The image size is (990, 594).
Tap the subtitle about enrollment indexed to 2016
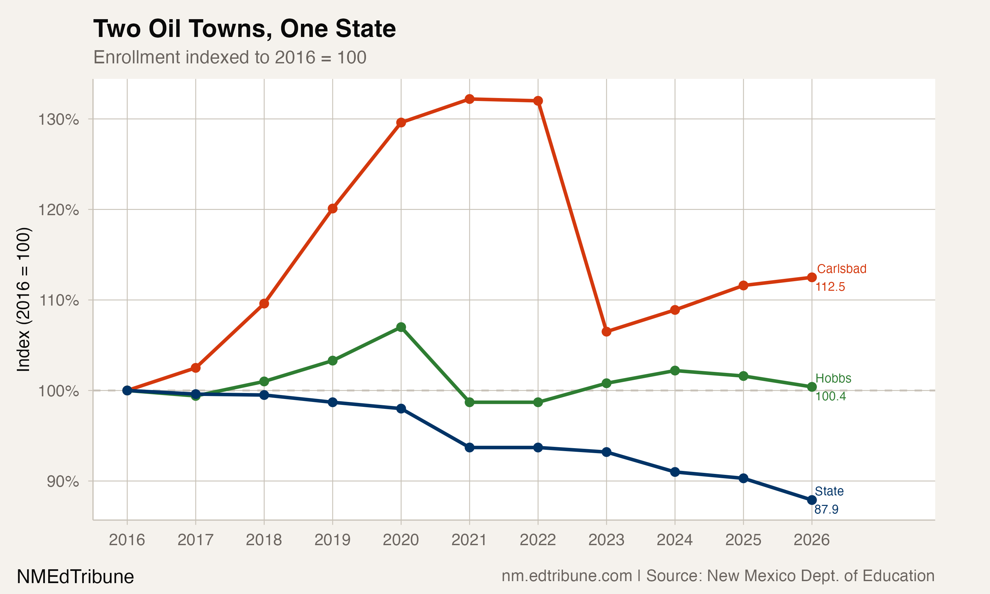pyautogui.click(x=230, y=57)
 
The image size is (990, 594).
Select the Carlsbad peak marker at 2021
pyautogui.click(x=469, y=99)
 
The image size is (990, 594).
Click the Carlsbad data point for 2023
pyautogui.click(x=606, y=331)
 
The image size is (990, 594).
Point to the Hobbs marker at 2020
pyautogui.click(x=401, y=327)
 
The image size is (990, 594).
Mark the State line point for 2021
pyautogui.click(x=469, y=447)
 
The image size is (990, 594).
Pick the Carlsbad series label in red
pyautogui.click(x=841, y=269)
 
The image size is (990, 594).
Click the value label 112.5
pyautogui.click(x=830, y=286)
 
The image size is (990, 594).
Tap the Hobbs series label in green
pyautogui.click(x=833, y=378)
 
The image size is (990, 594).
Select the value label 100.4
pyautogui.click(x=830, y=396)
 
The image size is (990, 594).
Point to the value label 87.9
pyautogui.click(x=826, y=509)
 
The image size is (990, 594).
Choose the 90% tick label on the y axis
pyautogui.click(x=62, y=481)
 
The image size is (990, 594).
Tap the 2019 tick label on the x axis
pyautogui.click(x=332, y=540)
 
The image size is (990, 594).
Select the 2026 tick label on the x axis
pyautogui.click(x=811, y=540)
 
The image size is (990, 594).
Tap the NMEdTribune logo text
pyautogui.click(x=75, y=577)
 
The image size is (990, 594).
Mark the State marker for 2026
pyautogui.click(x=811, y=500)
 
